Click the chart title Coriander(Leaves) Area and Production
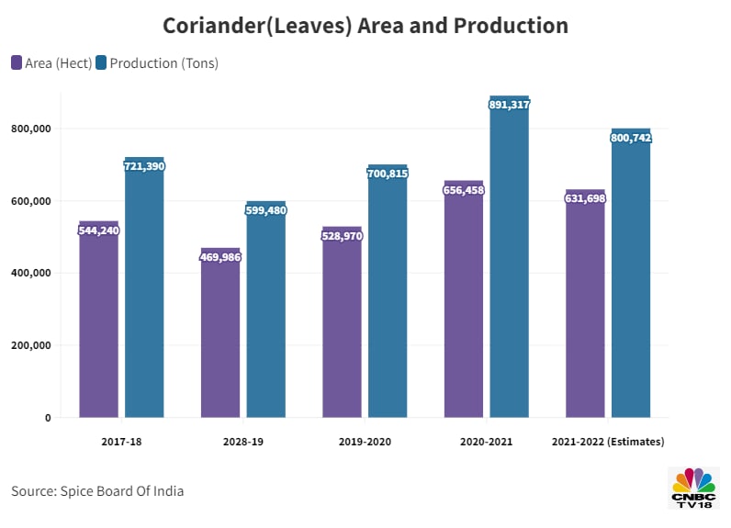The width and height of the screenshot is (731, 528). click(365, 26)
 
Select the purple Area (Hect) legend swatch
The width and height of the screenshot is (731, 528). click(17, 63)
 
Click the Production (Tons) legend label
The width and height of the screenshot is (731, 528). click(163, 63)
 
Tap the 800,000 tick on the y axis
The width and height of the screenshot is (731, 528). click(32, 129)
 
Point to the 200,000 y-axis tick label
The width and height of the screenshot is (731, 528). click(32, 345)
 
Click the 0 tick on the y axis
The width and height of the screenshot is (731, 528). click(48, 418)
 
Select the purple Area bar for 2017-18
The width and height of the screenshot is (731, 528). click(98, 321)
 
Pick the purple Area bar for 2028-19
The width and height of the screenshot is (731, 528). click(220, 335)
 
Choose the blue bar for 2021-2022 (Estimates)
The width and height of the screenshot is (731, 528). click(631, 275)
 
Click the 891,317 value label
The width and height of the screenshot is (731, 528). click(510, 105)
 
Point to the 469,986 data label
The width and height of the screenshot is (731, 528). click(220, 257)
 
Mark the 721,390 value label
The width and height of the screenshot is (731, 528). click(144, 166)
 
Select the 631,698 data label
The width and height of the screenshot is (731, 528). click(585, 198)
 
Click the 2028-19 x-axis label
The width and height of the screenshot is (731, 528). click(243, 442)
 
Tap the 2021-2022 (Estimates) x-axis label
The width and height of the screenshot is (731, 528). click(608, 442)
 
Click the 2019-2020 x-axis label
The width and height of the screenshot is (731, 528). click(365, 442)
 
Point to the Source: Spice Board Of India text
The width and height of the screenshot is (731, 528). click(97, 491)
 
